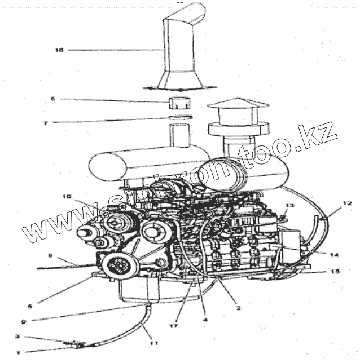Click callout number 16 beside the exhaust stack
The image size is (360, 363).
[58, 50]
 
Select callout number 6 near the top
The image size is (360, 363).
[53, 99]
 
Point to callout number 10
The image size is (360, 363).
[67, 197]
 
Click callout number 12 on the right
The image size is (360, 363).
[347, 202]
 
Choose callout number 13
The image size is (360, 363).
[289, 206]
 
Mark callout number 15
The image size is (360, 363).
[335, 272]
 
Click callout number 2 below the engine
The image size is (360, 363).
[238, 308]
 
